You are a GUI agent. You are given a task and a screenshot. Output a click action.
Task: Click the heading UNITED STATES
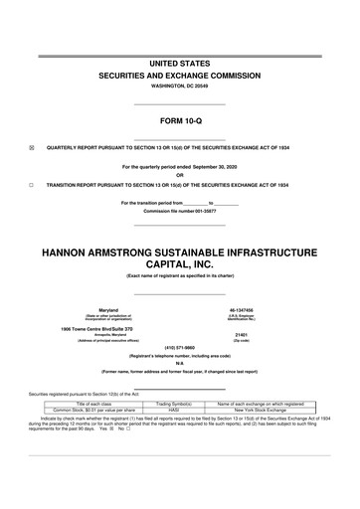coord(180,63)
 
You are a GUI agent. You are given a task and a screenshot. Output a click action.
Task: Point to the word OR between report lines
coord(180,175)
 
